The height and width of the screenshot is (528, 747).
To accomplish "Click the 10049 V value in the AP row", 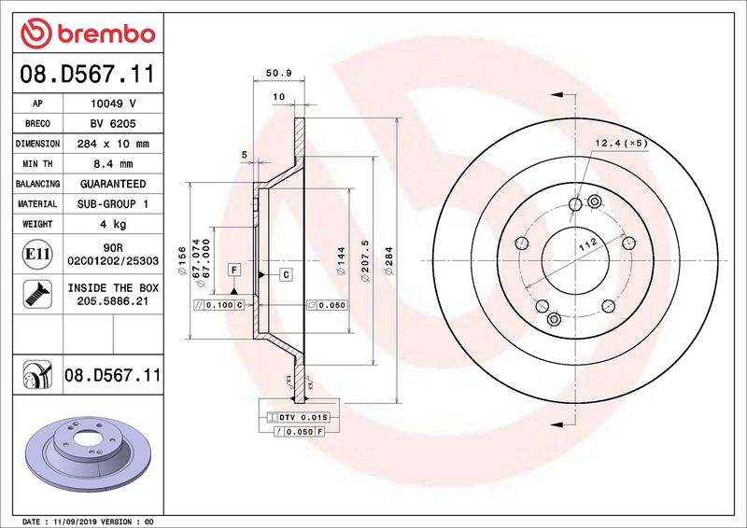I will point(113,104).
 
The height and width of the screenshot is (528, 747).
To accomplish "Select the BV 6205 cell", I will point(113,124).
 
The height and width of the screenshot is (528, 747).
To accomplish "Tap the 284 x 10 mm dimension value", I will point(113,144).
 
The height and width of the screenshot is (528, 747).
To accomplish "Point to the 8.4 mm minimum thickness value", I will point(113,164).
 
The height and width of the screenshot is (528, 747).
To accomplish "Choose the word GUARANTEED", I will point(113,184).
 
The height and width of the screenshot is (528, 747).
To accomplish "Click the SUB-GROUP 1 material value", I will point(113,203).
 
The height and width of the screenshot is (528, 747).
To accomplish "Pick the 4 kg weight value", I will point(113,224).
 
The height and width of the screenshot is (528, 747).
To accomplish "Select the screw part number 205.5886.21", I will point(113,301).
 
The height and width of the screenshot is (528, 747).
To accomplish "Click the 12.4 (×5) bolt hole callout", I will point(620,143).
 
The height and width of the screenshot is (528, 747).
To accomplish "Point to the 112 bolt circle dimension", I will point(585,245).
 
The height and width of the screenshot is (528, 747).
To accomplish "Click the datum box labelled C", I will point(286,273).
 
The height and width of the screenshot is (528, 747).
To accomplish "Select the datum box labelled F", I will point(233,270).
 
